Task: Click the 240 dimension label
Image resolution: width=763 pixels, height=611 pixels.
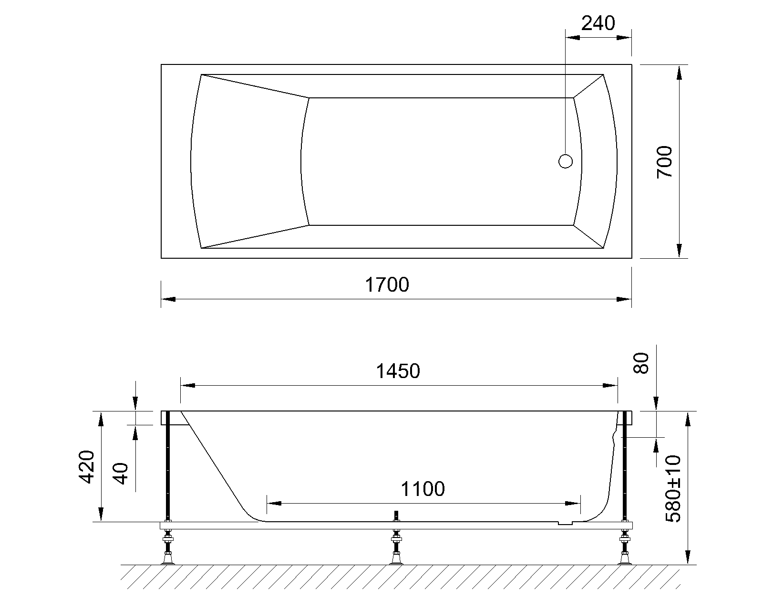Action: click(598, 23)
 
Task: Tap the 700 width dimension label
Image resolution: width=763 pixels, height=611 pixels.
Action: click(664, 162)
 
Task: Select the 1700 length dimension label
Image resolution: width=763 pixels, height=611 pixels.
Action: click(387, 284)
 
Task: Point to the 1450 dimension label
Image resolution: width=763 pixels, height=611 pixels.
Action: click(398, 371)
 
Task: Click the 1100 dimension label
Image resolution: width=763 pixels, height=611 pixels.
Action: click(423, 489)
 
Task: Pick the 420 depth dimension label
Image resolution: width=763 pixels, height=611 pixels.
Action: click(86, 467)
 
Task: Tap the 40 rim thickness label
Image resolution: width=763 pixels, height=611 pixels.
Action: click(121, 474)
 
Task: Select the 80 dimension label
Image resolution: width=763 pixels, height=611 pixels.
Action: click(641, 363)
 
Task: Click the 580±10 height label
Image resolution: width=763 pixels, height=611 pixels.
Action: click(673, 489)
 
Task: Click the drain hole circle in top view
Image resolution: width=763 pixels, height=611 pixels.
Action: click(565, 161)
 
